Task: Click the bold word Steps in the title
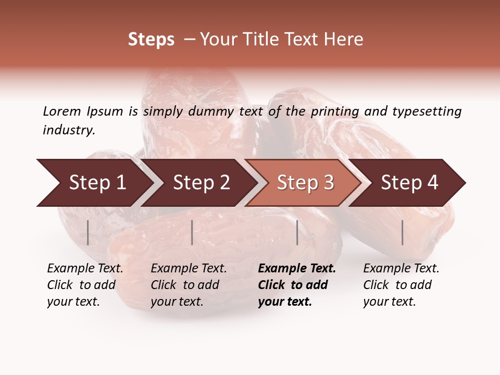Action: tap(151, 40)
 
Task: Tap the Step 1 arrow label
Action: tap(97, 183)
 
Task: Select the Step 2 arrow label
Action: tap(201, 183)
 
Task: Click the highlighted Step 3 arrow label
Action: tap(305, 183)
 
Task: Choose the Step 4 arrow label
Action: tap(409, 183)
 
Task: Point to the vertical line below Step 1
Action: tap(88, 232)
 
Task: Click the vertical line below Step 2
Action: tap(192, 232)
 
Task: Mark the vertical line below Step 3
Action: tap(297, 232)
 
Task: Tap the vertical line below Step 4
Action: tap(402, 232)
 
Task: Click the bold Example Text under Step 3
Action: tap(297, 269)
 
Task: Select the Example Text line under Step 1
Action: tap(85, 269)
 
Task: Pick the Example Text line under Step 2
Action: tap(189, 269)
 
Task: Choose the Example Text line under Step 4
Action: tap(401, 269)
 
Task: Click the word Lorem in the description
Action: tap(61, 111)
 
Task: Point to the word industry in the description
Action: tap(69, 130)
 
